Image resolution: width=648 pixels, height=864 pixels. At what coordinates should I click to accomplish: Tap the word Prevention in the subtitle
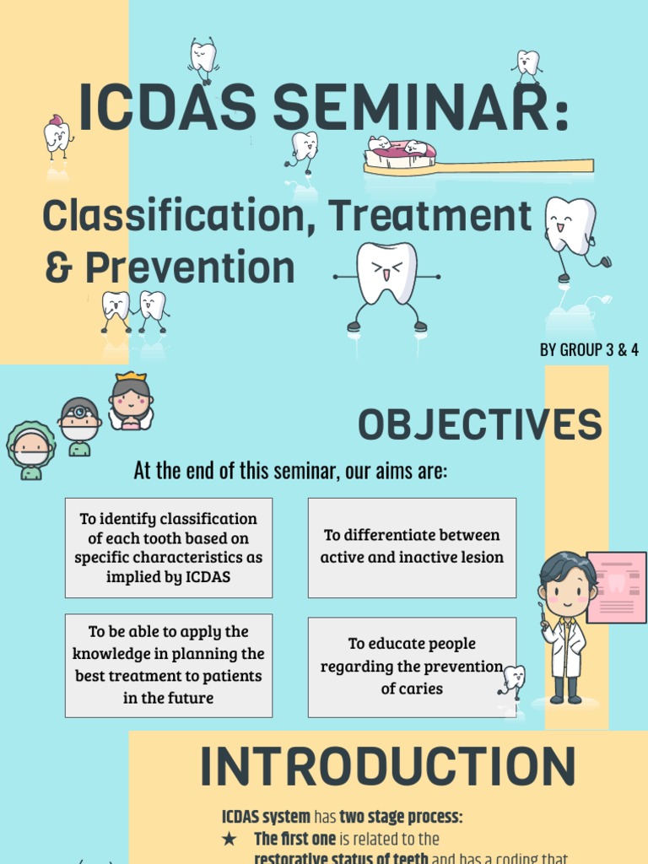click(190, 267)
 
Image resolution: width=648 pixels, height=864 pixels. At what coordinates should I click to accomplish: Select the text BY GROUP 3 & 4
click(589, 349)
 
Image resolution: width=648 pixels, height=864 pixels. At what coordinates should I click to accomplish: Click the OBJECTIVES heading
click(480, 424)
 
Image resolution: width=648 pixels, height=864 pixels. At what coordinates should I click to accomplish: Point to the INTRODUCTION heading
click(387, 767)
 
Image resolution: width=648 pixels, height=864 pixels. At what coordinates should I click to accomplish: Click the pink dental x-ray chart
click(616, 586)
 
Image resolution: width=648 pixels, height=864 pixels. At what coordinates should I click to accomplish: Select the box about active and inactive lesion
click(412, 547)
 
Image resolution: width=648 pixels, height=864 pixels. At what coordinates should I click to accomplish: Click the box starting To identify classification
click(168, 548)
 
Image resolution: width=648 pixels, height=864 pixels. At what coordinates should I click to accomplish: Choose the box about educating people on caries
click(412, 667)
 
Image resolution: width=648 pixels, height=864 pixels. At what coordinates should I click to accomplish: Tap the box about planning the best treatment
click(168, 665)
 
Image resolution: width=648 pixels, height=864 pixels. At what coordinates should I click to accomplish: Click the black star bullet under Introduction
click(229, 839)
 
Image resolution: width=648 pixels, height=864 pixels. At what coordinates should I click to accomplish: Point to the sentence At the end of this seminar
click(290, 471)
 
